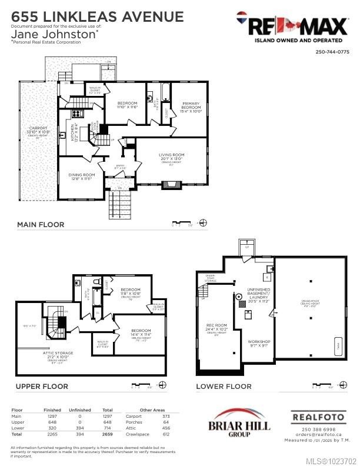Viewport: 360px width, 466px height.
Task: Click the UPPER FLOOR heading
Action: (42, 387)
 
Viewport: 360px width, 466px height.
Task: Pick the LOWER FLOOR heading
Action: (224, 387)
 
